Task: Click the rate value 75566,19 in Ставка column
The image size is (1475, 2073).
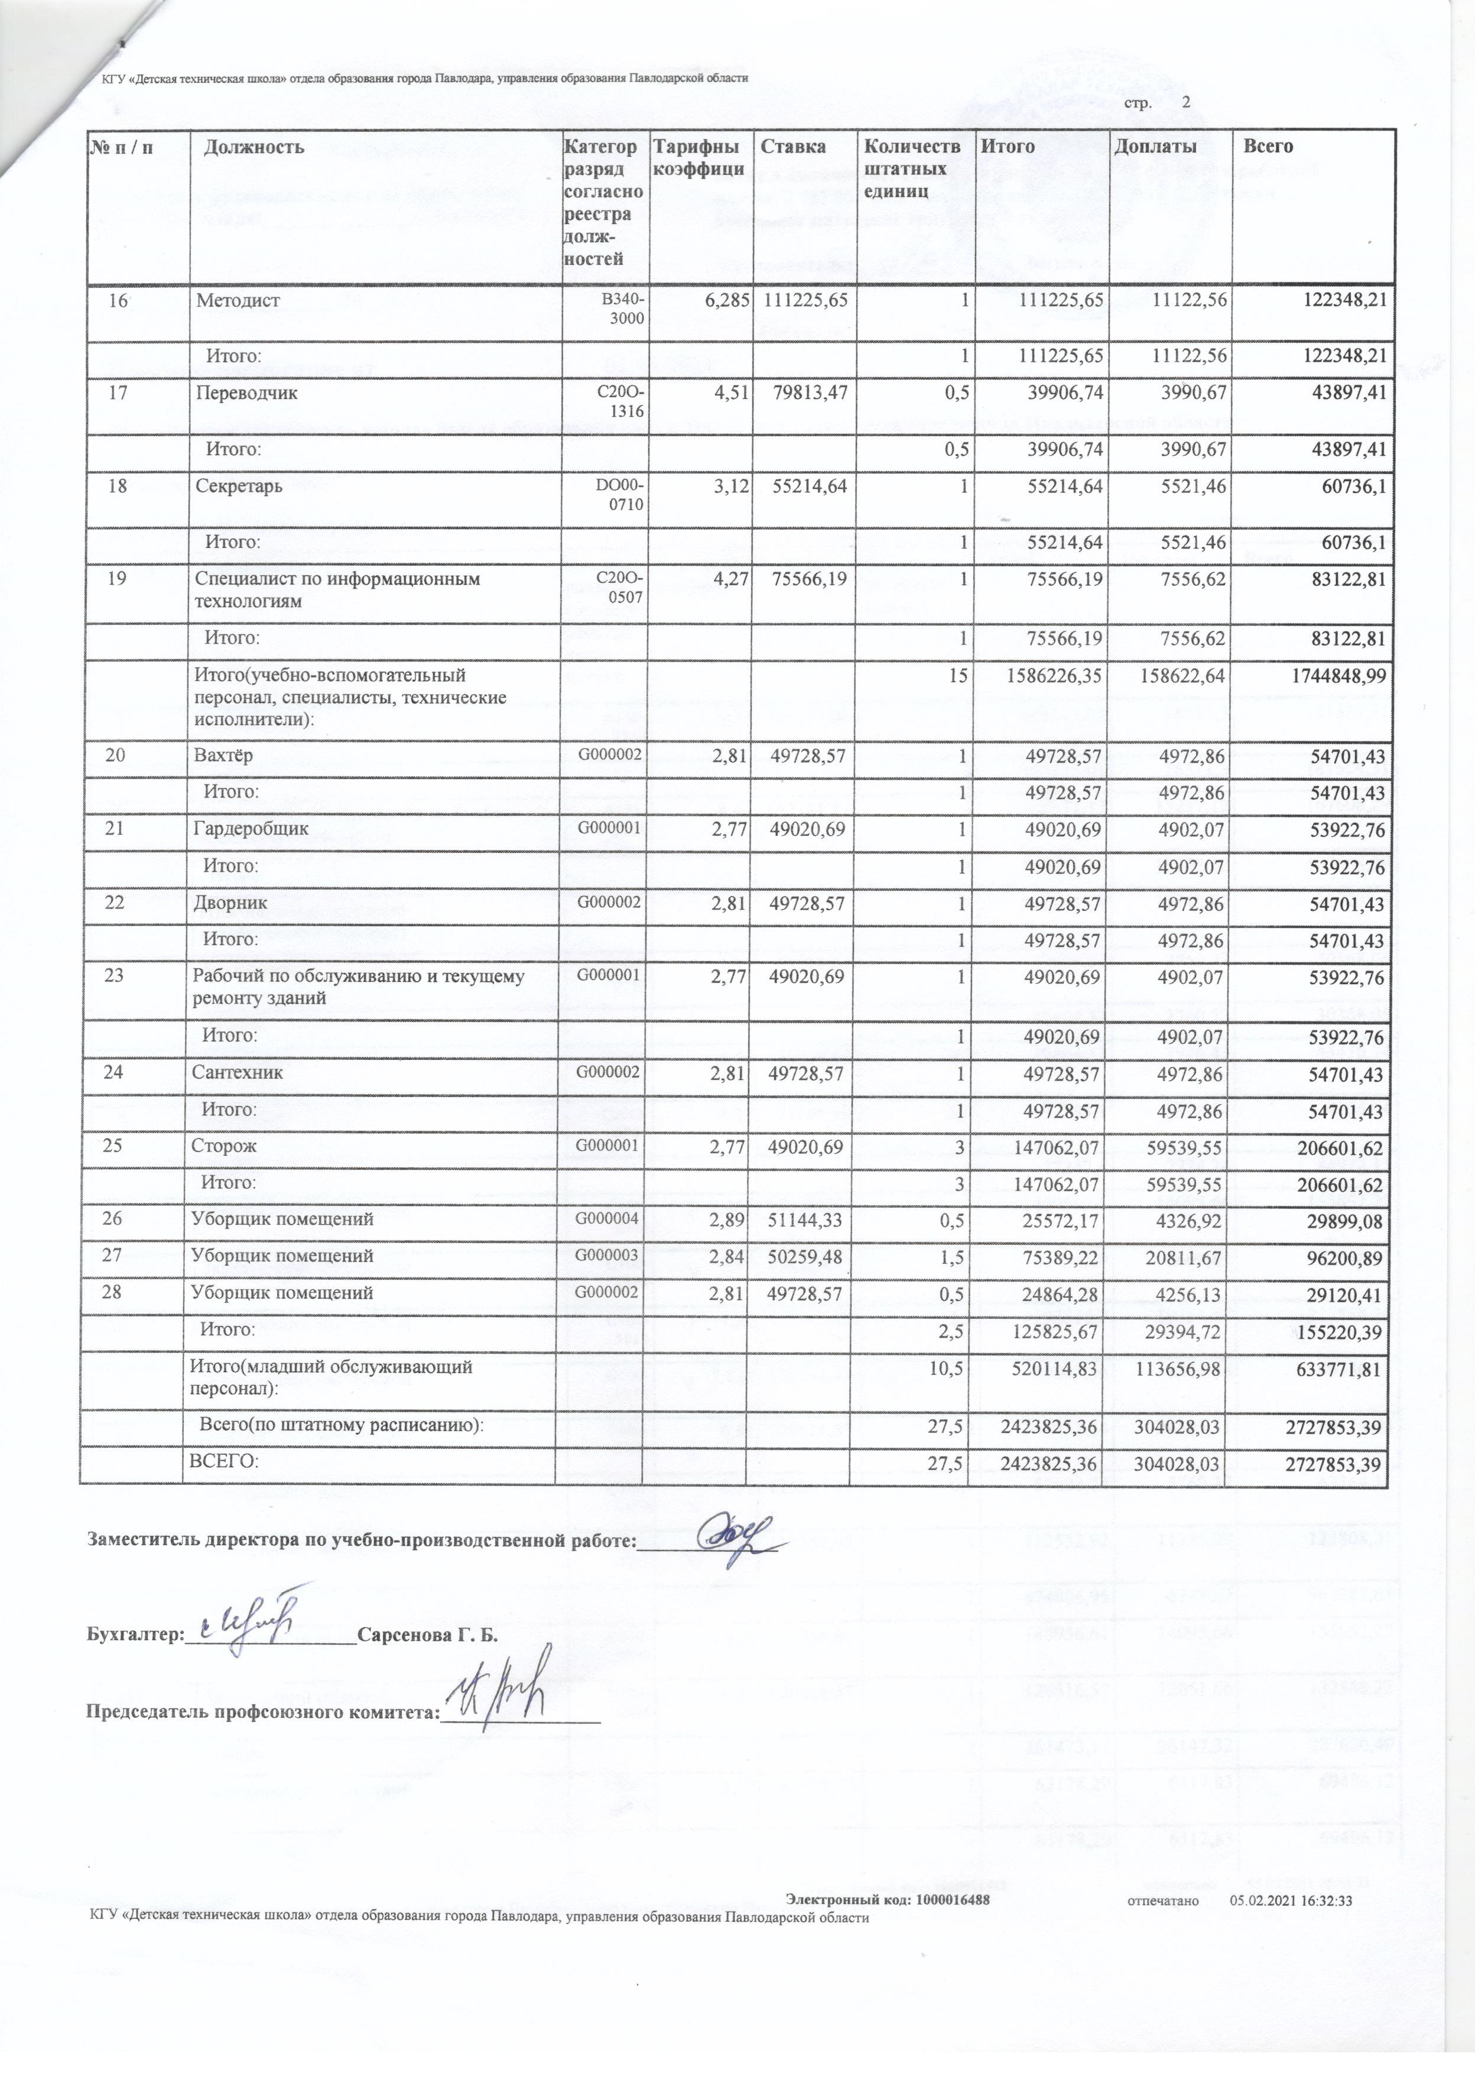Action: (x=807, y=579)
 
